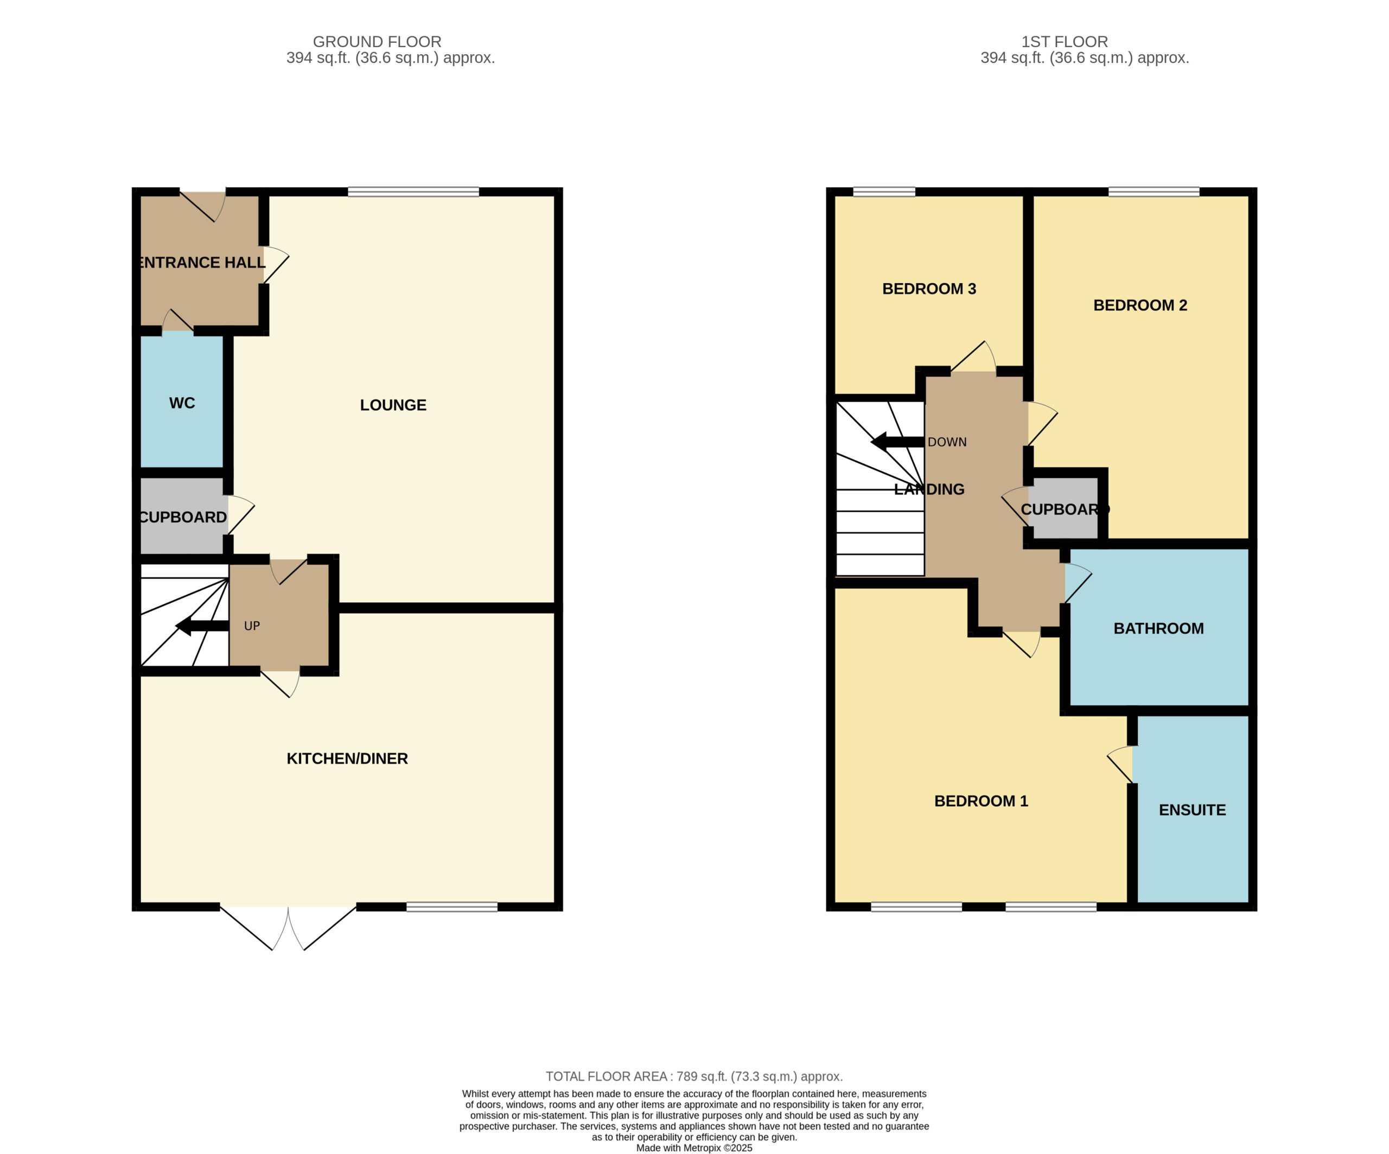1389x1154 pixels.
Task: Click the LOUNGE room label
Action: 393,405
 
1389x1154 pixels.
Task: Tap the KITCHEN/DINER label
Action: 347,758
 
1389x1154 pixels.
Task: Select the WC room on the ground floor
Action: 182,403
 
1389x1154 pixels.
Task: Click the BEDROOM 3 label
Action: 929,288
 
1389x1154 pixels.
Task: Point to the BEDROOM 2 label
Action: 1140,305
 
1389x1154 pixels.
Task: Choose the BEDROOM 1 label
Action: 981,801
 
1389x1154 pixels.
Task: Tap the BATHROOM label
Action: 1159,628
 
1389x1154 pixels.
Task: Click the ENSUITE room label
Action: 1193,810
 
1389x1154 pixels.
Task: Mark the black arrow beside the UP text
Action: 202,626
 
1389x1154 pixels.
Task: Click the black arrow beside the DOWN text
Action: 897,442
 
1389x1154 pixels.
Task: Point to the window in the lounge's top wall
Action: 413,192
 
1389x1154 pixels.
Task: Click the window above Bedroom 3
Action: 884,192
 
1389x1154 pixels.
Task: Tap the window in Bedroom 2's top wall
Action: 1154,192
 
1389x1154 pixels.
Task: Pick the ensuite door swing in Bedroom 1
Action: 1120,764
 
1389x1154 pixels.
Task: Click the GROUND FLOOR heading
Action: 377,42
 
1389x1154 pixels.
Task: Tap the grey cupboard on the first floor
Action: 1063,508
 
